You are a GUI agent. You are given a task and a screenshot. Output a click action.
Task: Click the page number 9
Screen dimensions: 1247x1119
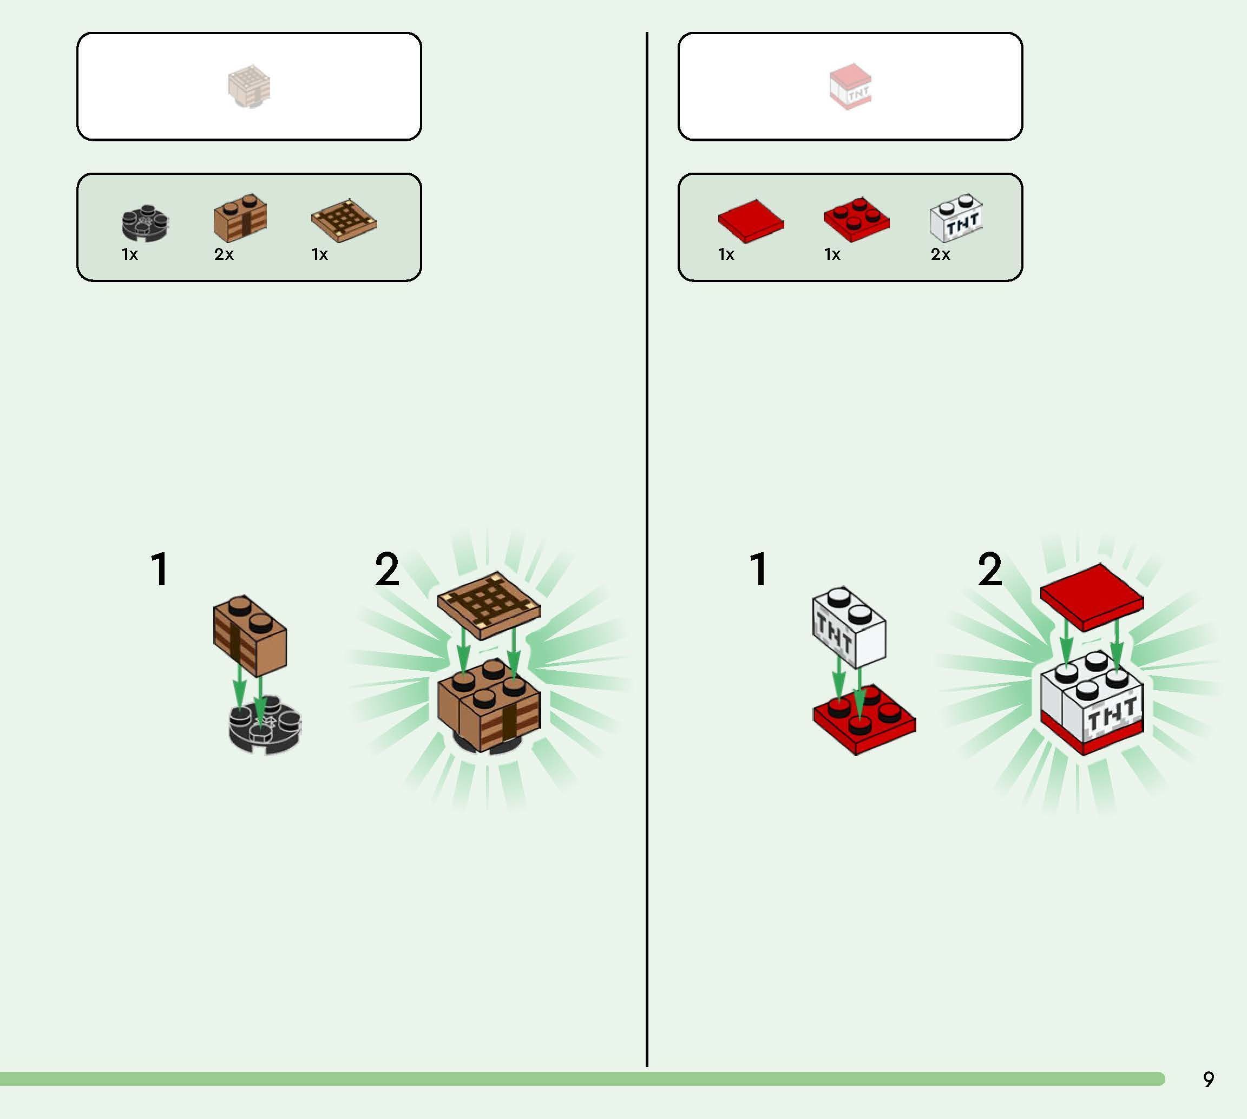point(1208,1079)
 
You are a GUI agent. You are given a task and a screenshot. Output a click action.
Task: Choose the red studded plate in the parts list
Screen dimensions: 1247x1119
point(856,219)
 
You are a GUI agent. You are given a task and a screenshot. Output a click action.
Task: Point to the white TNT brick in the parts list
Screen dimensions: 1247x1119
point(956,218)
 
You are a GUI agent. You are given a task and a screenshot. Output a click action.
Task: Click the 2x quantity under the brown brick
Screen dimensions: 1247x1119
point(224,254)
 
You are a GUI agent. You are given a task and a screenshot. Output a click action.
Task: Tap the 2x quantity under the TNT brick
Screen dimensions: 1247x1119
point(940,254)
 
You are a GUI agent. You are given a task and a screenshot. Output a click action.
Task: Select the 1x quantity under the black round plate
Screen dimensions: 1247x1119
point(130,254)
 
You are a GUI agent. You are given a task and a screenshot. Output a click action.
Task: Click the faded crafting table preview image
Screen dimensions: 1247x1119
point(250,87)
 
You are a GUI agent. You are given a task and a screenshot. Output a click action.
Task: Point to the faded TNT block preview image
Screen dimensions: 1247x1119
point(851,87)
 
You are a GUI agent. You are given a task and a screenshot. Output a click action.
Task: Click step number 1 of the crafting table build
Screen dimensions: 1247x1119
point(160,570)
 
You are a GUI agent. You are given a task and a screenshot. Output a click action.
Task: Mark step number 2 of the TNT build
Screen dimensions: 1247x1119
point(989,570)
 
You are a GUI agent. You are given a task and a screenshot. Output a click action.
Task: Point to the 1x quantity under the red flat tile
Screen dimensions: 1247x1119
point(726,254)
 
